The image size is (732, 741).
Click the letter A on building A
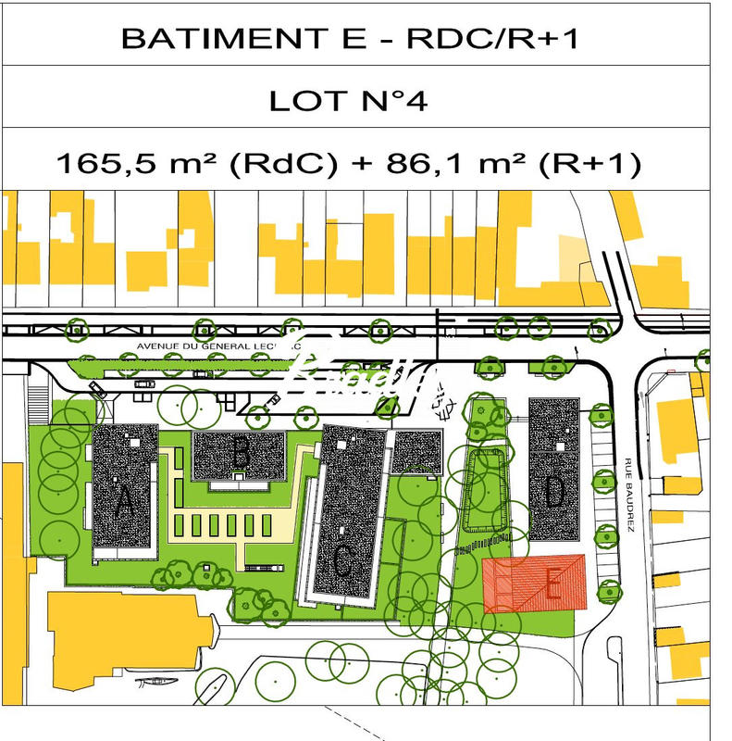coord(125,504)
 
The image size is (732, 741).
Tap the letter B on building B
coord(241,454)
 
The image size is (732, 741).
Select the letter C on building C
coord(341,559)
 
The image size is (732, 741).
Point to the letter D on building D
coord(553,492)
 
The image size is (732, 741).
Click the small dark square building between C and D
coord(416,451)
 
